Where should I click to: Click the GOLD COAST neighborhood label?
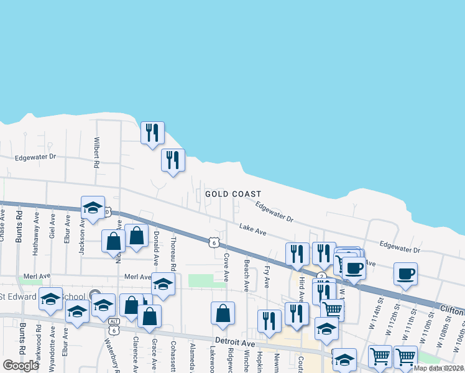click(233, 195)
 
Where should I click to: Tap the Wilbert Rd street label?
click(97, 153)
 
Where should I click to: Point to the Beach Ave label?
click(247, 276)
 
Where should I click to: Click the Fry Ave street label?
click(267, 276)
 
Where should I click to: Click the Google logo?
click(21, 366)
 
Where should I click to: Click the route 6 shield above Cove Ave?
click(214, 242)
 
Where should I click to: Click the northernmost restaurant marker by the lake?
click(152, 132)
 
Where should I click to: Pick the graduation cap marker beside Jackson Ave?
click(93, 208)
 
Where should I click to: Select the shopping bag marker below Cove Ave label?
click(223, 314)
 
